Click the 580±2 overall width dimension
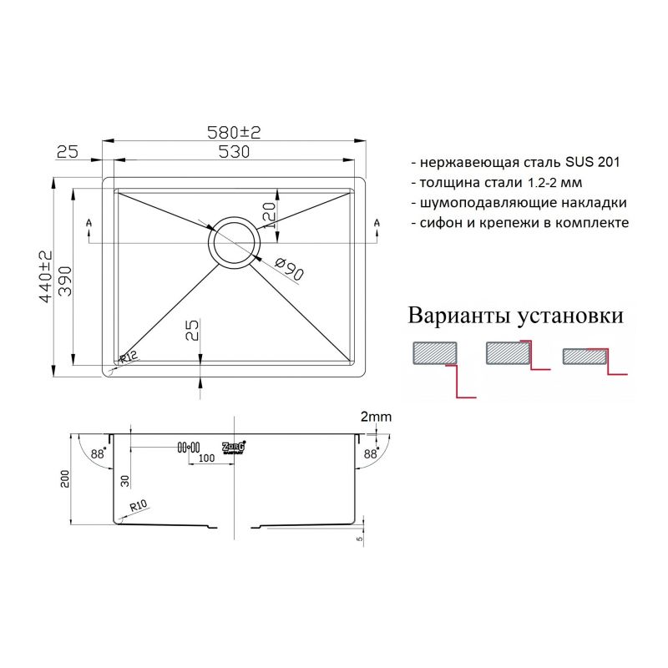[234, 132]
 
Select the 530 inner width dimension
[234, 152]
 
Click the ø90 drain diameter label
[288, 269]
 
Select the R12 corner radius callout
[128, 358]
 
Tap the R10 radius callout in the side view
[139, 506]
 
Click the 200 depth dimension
[65, 479]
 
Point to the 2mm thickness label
[375, 416]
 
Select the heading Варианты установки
[516, 316]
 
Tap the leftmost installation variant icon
[442, 367]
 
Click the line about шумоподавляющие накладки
[519, 202]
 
